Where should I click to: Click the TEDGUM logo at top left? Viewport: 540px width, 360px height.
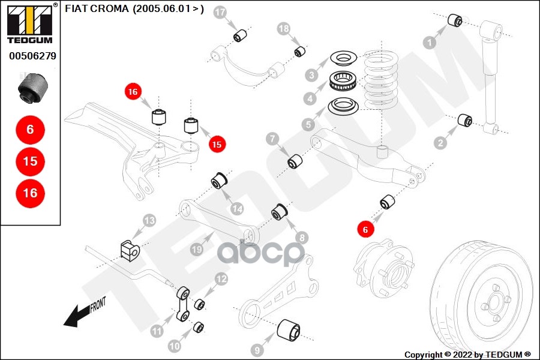tap(30, 23)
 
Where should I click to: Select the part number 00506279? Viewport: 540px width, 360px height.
tap(33, 56)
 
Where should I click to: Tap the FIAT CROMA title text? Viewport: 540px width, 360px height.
tap(134, 8)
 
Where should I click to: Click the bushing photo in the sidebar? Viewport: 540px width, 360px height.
tap(33, 88)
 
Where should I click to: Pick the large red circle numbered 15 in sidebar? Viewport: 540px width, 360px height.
tap(31, 161)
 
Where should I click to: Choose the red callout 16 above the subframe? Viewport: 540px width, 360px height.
tap(133, 92)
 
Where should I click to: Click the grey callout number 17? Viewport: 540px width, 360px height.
tap(220, 13)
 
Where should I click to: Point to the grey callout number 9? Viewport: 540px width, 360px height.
tap(257, 350)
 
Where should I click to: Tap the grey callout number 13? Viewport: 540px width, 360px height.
tap(149, 220)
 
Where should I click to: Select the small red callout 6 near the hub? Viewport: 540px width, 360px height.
tap(365, 229)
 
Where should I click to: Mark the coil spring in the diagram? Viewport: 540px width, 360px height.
tap(382, 80)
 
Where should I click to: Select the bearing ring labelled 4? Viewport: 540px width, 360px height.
tap(343, 80)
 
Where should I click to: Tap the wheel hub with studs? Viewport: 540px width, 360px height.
tap(383, 269)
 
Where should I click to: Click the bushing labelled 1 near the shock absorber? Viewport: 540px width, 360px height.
tap(455, 20)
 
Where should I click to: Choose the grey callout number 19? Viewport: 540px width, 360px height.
tap(197, 249)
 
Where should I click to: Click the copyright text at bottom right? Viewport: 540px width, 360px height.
tap(467, 355)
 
